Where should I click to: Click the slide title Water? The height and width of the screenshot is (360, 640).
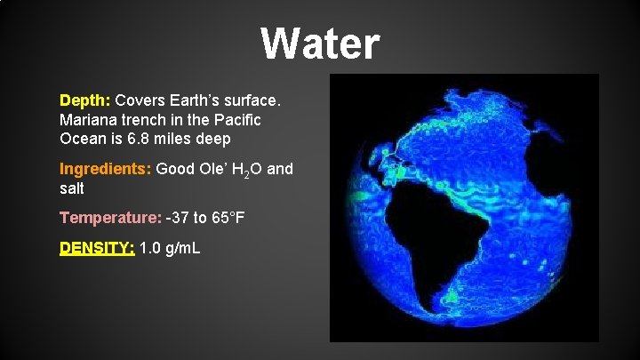[320, 43]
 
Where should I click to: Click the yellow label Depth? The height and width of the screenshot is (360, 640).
[85, 99]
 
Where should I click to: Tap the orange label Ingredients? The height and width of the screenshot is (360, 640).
[106, 169]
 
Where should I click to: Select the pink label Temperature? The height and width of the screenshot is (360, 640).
[110, 217]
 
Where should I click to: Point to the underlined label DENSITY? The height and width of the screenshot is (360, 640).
[97, 248]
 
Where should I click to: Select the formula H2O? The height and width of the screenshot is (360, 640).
[246, 170]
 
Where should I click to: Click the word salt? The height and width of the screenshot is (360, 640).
[73, 188]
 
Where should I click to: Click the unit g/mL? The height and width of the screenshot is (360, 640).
[185, 248]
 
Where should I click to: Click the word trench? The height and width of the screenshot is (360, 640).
[146, 119]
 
